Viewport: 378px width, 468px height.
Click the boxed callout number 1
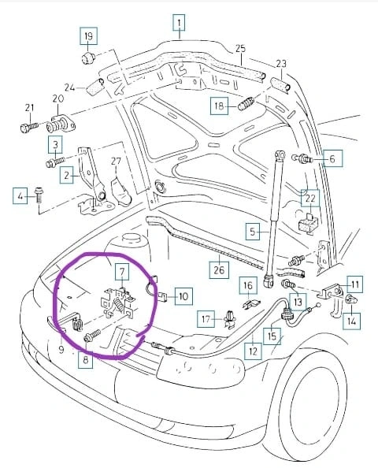tap(179, 23)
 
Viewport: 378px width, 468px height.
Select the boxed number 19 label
tap(88, 36)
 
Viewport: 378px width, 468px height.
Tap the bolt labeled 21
tap(29, 127)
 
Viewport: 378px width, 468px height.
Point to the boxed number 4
tap(20, 196)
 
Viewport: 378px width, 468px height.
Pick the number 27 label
tap(116, 162)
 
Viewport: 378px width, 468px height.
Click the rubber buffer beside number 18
tap(246, 103)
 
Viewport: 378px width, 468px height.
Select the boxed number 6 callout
tap(332, 158)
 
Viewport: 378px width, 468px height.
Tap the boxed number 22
tap(310, 199)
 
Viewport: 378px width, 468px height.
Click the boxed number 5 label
tap(253, 232)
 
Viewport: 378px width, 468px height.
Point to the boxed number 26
tap(219, 269)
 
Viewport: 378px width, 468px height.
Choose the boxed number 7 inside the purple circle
tap(122, 272)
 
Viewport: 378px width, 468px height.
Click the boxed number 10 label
tap(183, 296)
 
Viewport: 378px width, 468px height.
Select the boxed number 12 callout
tap(253, 351)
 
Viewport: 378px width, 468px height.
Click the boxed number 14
tap(351, 321)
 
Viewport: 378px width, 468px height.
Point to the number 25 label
tap(240, 49)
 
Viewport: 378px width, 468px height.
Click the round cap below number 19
tap(88, 58)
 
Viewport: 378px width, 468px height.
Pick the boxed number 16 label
tap(248, 285)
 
